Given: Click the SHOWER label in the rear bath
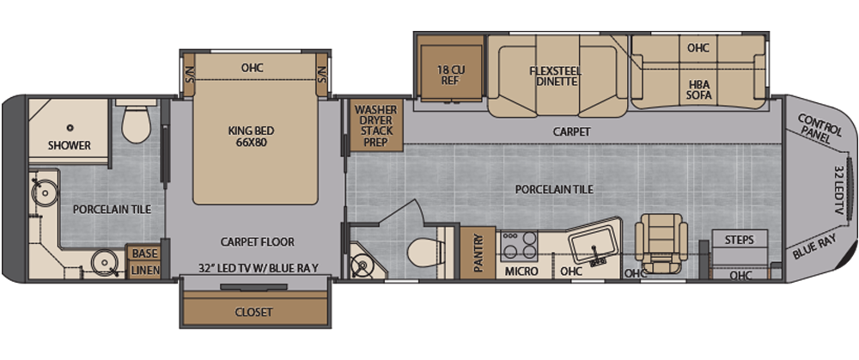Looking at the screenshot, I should pos(70,145).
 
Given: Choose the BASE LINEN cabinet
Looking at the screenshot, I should pos(144,261).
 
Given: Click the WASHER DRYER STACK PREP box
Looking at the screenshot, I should pos(375,125).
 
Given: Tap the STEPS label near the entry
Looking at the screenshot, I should pos(739,239).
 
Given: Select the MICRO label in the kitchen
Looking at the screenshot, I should pos(521,271).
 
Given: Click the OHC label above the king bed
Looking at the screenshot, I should pos(252,68).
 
